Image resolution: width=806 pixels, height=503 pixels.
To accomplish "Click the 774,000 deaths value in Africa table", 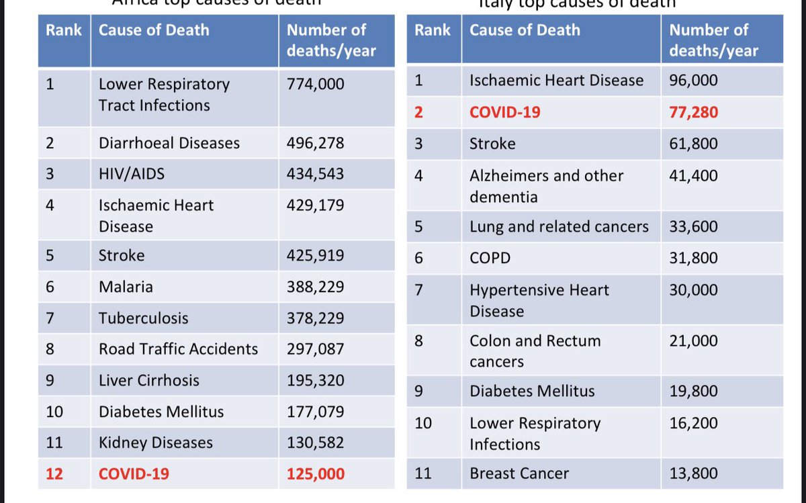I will pos(315,84).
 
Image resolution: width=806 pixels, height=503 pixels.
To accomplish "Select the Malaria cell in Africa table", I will pos(126,287).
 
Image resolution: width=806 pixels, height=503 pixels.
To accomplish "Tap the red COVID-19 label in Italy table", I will pos(504,112).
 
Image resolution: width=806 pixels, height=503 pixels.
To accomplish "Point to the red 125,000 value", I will pos(315,474).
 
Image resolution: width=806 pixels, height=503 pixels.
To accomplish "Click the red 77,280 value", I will pos(693,112).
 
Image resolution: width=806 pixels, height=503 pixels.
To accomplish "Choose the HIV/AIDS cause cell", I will pos(131,174).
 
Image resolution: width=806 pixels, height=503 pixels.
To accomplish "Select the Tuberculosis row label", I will pos(143,318).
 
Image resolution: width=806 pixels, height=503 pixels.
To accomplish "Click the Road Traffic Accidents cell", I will pos(178,349).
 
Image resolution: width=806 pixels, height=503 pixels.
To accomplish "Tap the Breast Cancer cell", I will pos(519,473).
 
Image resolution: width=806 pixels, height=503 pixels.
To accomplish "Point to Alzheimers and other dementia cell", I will pos(546,186).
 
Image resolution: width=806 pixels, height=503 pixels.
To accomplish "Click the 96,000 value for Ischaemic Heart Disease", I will pos(693,81).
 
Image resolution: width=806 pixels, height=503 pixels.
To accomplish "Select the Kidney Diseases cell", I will pos(155,443).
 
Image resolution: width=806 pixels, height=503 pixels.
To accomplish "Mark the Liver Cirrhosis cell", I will pos(148,380).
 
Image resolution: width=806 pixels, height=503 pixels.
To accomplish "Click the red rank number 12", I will pos(54,474).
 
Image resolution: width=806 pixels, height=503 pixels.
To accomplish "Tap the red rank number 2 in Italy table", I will pos(419,112).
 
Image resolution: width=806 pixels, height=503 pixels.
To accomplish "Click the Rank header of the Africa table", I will pos(63,30).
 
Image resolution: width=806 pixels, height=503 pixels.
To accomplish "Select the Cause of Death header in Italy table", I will pos(524,30).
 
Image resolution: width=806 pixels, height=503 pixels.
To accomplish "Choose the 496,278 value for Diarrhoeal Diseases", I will pos(315,143).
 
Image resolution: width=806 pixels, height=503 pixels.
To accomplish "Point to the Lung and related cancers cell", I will pos(559,227).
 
